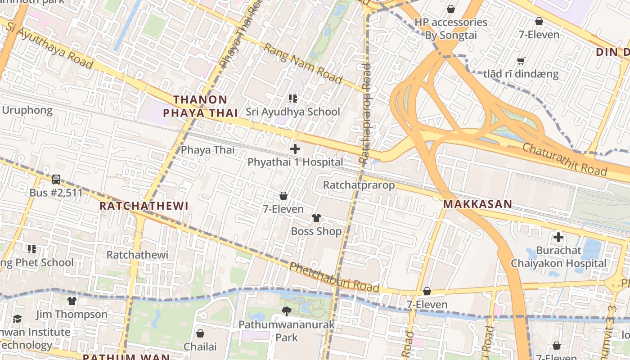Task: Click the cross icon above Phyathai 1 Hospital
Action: tap(295, 149)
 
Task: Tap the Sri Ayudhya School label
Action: tap(293, 111)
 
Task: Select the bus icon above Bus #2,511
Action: tap(56, 180)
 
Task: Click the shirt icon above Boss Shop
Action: tap(316, 218)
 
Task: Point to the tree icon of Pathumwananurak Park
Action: tap(286, 311)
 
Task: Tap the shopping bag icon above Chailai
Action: tap(200, 333)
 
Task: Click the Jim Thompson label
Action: tap(72, 314)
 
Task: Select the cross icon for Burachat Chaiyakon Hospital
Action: tap(558, 237)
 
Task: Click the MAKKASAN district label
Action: tap(477, 204)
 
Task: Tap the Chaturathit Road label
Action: tap(565, 159)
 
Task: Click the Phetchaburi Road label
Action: tap(334, 277)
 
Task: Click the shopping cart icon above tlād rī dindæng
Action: tap(521, 61)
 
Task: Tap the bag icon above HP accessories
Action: tap(450, 9)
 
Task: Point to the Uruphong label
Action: tap(27, 110)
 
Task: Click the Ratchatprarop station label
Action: tap(359, 185)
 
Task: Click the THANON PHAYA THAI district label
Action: tap(200, 106)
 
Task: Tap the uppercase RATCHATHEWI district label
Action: tap(144, 206)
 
